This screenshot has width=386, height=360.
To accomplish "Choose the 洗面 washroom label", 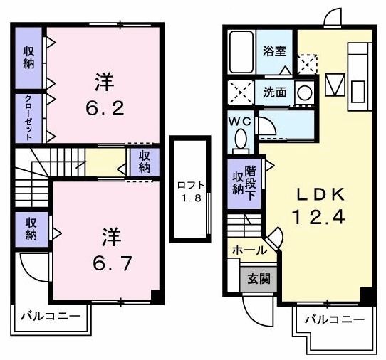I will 275,92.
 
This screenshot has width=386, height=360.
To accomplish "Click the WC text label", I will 238,120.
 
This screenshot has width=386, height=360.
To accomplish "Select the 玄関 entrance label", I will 259,278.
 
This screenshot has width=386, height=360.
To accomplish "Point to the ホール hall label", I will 249,250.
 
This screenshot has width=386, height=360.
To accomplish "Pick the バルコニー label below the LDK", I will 333,319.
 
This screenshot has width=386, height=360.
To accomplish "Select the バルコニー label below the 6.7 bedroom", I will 48,314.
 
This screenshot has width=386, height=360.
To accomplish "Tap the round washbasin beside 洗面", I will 304,92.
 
